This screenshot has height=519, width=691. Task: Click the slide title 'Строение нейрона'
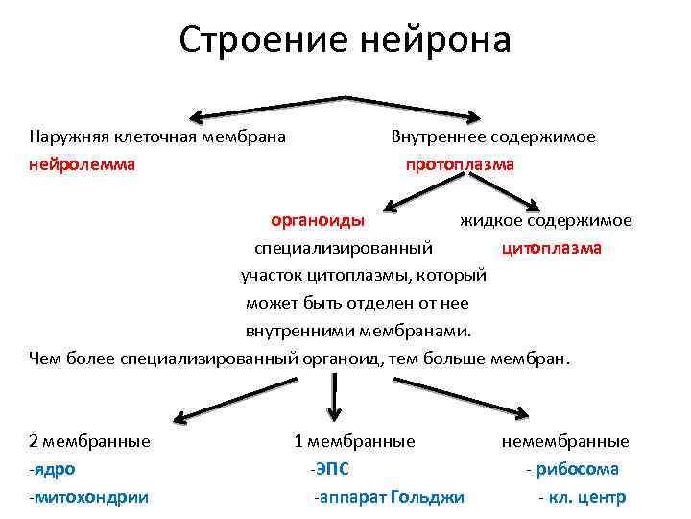pyautogui.click(x=345, y=41)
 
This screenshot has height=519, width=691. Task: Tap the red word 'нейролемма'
pyautogui.click(x=83, y=164)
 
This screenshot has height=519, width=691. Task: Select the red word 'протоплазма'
pyautogui.click(x=460, y=164)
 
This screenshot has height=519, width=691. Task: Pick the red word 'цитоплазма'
pyautogui.click(x=552, y=248)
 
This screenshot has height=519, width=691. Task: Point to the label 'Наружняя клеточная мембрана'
pyautogui.click(x=157, y=136)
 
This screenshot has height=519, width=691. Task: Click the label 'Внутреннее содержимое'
pyautogui.click(x=493, y=136)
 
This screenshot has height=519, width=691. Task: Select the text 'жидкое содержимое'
pyautogui.click(x=545, y=221)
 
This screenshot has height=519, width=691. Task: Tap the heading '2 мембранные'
pyautogui.click(x=90, y=441)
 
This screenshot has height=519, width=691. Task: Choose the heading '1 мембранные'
pyautogui.click(x=354, y=441)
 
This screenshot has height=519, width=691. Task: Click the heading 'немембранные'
pyautogui.click(x=565, y=441)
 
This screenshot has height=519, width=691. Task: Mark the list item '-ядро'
pyautogui.click(x=53, y=469)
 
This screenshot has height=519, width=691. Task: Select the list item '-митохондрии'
pyautogui.click(x=88, y=497)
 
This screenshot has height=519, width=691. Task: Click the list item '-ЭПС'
pyautogui.click(x=329, y=469)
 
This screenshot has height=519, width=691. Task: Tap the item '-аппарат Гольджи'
pyautogui.click(x=389, y=497)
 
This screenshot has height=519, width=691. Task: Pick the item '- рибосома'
pyautogui.click(x=572, y=469)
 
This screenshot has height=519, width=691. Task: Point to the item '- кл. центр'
pyautogui.click(x=582, y=497)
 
